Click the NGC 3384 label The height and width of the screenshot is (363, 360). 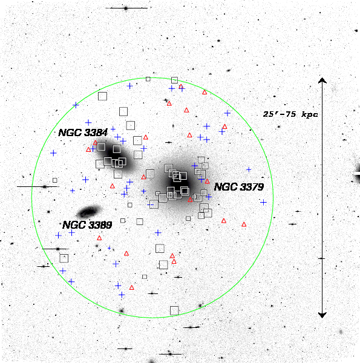[x=83, y=132]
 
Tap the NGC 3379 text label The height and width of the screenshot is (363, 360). [x=239, y=187]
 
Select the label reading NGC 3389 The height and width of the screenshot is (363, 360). [x=87, y=225]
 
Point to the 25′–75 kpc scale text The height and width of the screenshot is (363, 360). [x=290, y=114]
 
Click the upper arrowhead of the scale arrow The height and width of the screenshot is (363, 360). [x=322, y=80]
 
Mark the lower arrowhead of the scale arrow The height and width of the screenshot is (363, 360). [x=322, y=315]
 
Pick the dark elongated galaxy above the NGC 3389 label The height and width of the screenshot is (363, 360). [x=89, y=211]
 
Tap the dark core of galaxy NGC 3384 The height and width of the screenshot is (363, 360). [x=115, y=154]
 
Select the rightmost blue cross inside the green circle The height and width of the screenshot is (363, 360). [x=263, y=203]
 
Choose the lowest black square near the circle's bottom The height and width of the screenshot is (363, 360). [x=174, y=311]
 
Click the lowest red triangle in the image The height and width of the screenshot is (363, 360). [x=132, y=288]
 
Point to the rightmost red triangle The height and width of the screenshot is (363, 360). [x=244, y=224]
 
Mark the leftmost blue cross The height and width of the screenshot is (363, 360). [x=53, y=153]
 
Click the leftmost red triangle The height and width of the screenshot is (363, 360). [x=88, y=150]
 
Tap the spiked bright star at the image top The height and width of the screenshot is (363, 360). [x=126, y=8]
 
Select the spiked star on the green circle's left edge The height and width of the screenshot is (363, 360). [x=45, y=186]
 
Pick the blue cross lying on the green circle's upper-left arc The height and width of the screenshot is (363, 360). [x=76, y=105]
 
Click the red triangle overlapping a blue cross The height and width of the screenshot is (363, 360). [x=181, y=87]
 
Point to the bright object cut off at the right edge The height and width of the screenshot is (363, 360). [x=356, y=174]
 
